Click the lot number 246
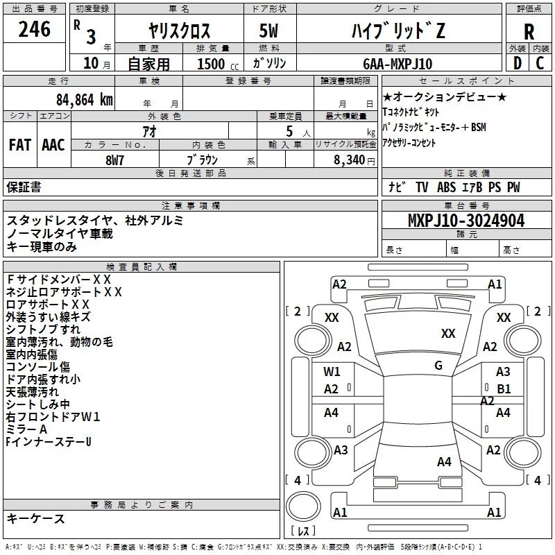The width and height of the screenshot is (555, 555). (34, 29)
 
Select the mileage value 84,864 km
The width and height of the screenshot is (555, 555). (85, 100)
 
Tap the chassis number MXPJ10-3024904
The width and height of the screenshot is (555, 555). (466, 221)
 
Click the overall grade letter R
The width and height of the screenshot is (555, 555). (529, 32)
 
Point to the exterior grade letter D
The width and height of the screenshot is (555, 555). (517, 63)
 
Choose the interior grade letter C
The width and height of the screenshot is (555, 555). (540, 63)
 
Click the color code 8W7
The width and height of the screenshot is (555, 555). (114, 160)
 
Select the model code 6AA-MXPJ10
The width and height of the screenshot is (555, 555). (398, 64)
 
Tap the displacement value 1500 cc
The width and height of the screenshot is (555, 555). (218, 64)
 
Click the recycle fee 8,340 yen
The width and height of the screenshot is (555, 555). (354, 160)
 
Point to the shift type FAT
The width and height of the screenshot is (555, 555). (20, 145)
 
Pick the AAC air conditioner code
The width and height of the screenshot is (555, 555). (53, 145)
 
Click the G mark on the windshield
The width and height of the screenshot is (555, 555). (438, 366)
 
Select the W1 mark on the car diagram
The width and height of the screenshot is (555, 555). (332, 372)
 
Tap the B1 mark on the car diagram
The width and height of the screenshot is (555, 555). (504, 389)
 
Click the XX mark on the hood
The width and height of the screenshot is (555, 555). (448, 334)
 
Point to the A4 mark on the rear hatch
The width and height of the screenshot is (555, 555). (444, 462)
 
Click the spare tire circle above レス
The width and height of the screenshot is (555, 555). (303, 506)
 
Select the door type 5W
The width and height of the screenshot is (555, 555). (268, 31)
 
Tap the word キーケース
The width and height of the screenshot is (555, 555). (36, 518)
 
